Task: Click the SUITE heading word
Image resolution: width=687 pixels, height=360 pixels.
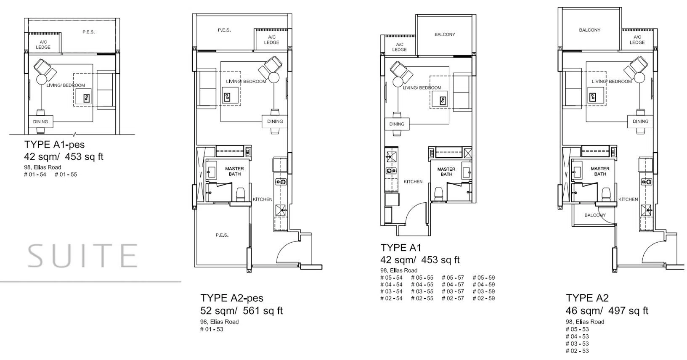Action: [x=82, y=256]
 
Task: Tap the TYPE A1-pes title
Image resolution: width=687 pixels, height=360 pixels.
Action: [x=54, y=144]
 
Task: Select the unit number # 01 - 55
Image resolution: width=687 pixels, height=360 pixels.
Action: [x=66, y=175]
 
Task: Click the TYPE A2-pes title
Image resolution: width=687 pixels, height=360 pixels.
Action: [x=232, y=298]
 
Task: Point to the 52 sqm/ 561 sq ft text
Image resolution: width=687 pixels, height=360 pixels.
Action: [x=241, y=311]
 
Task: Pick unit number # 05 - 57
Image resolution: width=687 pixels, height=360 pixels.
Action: [x=453, y=278]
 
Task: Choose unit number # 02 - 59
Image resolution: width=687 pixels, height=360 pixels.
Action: [x=484, y=298]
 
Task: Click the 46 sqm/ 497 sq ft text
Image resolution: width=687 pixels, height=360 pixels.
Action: [x=607, y=311]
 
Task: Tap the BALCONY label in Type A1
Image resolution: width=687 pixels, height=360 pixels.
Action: [x=445, y=34]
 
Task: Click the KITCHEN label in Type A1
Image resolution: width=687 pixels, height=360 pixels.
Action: [x=413, y=182]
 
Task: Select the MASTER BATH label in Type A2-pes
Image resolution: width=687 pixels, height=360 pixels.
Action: [x=235, y=172]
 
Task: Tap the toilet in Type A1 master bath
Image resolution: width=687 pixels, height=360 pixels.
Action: [x=439, y=194]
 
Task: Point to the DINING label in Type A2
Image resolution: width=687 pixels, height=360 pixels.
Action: [x=640, y=122]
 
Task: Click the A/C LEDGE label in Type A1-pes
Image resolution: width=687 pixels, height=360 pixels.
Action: [x=43, y=45]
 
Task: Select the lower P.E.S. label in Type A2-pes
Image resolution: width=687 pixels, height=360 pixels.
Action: [x=222, y=235]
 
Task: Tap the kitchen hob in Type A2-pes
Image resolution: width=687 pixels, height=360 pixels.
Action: [x=281, y=182]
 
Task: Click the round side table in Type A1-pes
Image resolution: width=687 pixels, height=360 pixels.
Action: [x=42, y=79]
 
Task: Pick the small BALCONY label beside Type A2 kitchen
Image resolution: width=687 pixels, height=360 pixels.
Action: [x=595, y=215]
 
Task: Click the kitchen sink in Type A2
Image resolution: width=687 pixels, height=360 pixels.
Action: [x=646, y=210]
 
